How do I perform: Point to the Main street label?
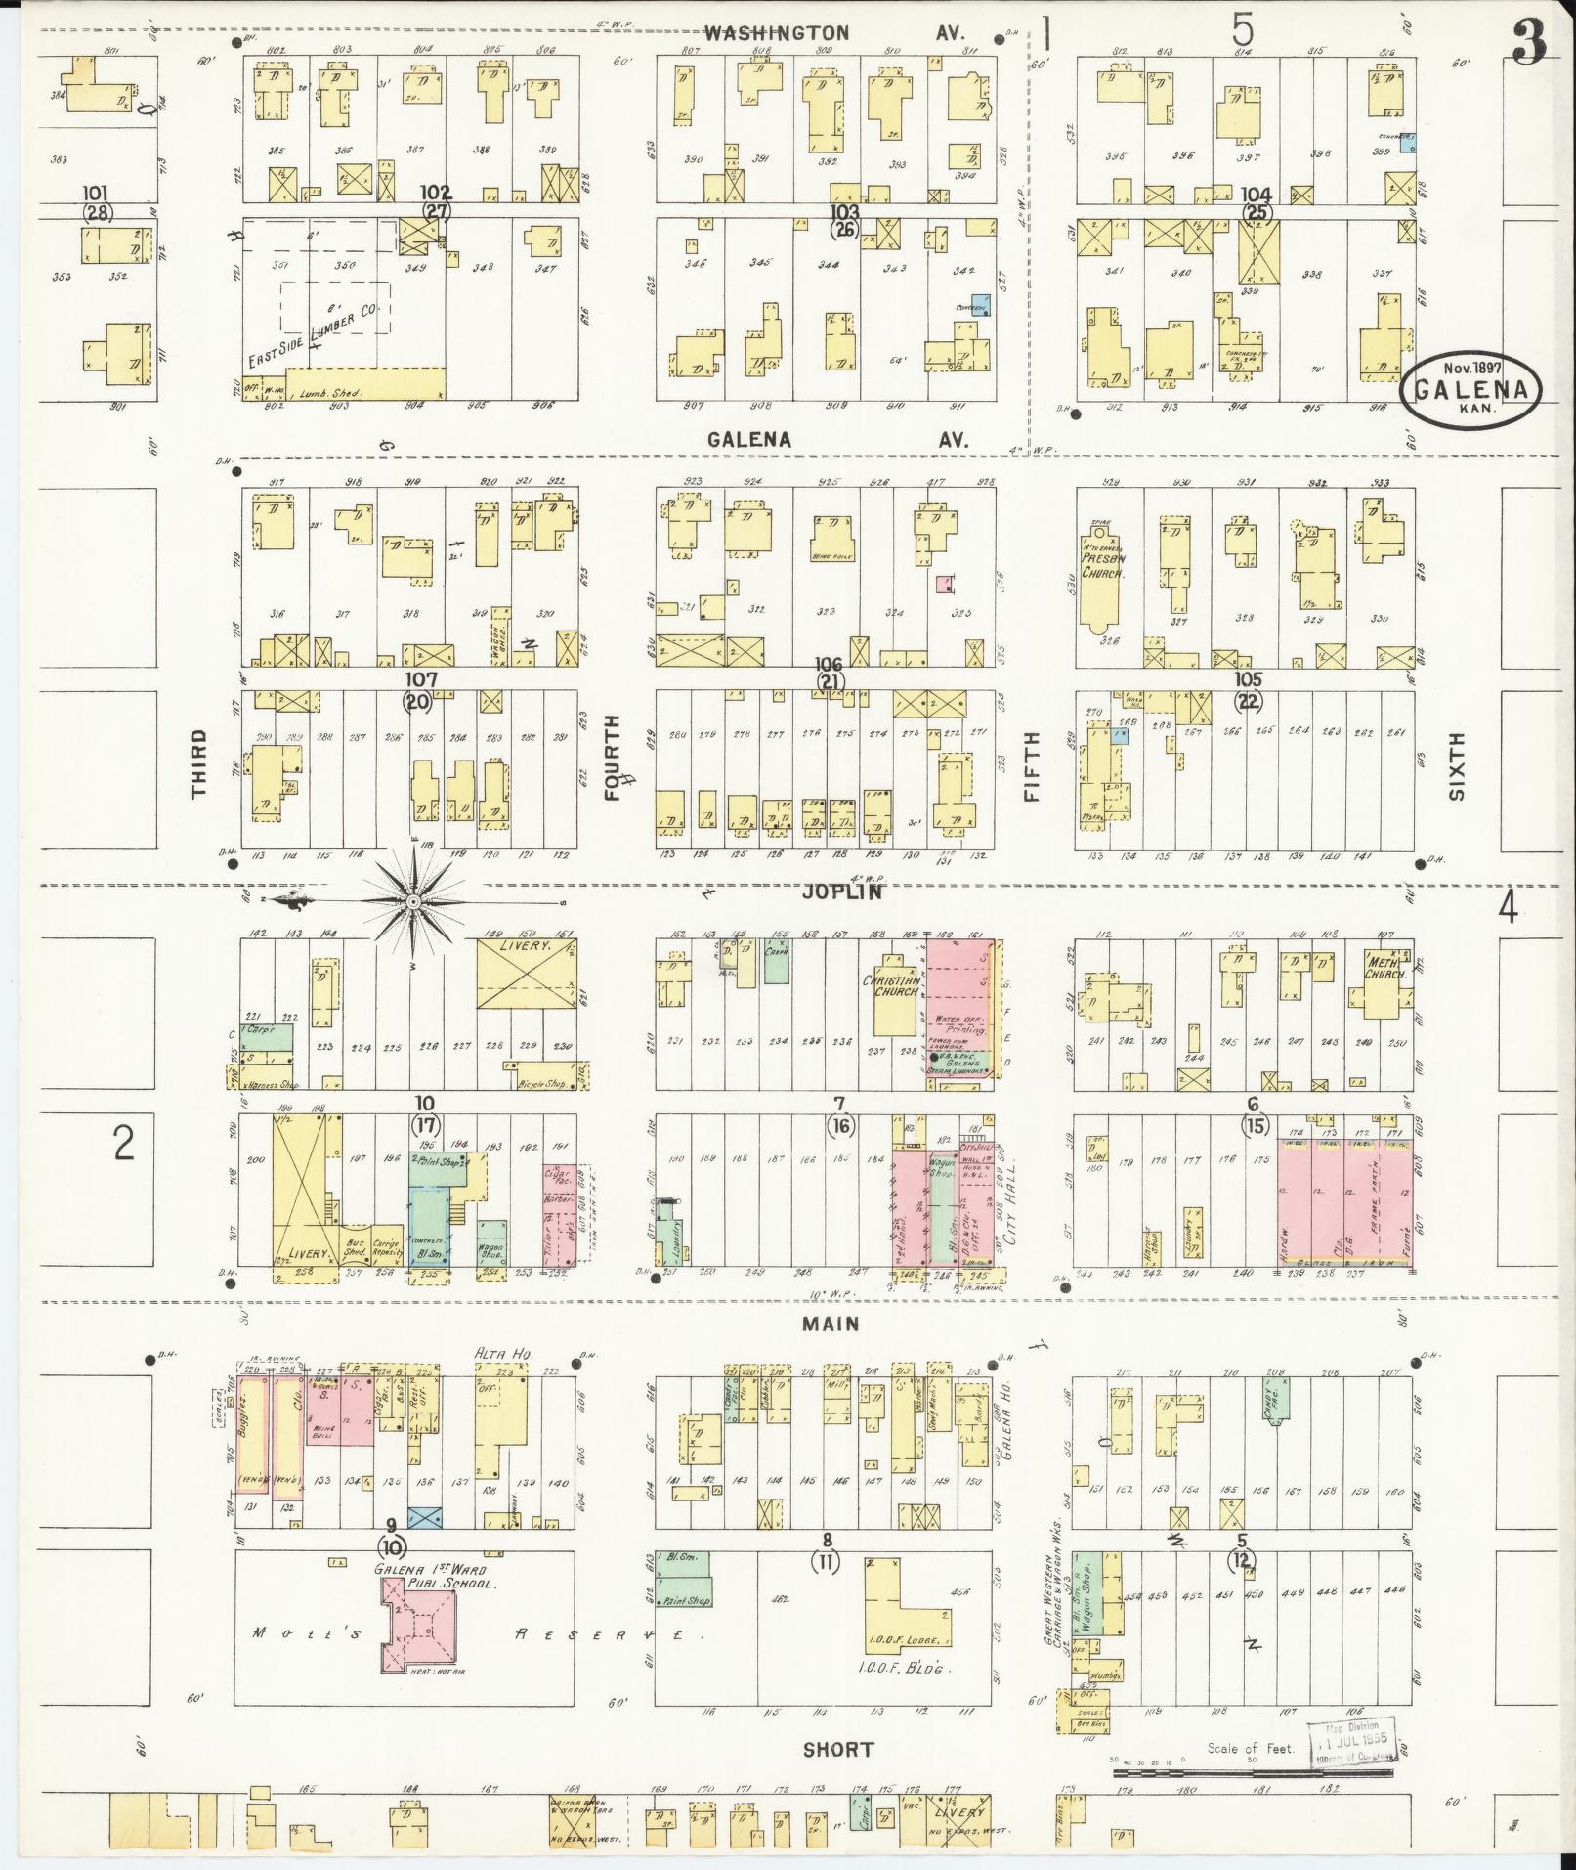tap(831, 1324)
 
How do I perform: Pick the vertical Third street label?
tap(200, 763)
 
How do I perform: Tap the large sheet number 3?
tap(1529, 44)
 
